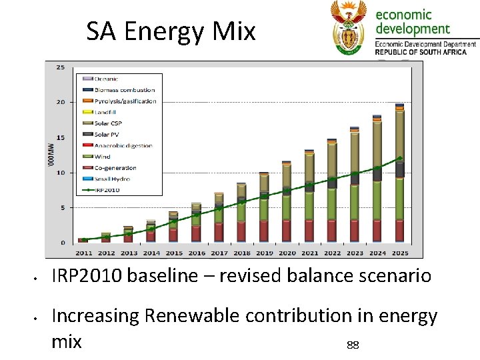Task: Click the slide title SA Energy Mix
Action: coord(171,31)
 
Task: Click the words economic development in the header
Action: coord(412,21)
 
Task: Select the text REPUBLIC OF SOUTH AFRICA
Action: coord(425,51)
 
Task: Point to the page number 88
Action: coord(353,345)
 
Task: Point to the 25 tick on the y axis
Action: coord(60,67)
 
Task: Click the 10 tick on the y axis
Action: coord(60,173)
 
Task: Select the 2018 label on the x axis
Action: coord(241,253)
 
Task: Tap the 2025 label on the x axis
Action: coord(399,253)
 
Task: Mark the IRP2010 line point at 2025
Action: coord(399,159)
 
